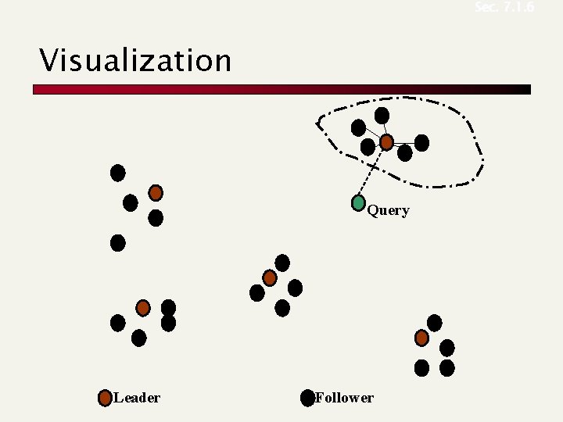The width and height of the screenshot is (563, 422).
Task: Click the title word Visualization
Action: pyautogui.click(x=136, y=60)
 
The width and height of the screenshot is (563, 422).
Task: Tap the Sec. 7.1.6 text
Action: pyautogui.click(x=504, y=7)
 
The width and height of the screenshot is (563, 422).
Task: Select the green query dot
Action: pyautogui.click(x=358, y=203)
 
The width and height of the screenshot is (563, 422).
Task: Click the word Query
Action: pyautogui.click(x=388, y=210)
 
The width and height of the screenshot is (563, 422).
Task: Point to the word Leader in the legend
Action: pyautogui.click(x=137, y=398)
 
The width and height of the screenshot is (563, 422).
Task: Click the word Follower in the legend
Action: pyautogui.click(x=344, y=398)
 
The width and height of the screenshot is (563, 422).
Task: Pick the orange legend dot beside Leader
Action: pyautogui.click(x=105, y=399)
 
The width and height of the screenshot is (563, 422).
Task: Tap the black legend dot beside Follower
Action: pyautogui.click(x=307, y=399)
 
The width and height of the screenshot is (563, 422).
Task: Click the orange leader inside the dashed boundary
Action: pyautogui.click(x=386, y=142)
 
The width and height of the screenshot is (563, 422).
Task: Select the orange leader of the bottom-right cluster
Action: pyautogui.click(x=421, y=338)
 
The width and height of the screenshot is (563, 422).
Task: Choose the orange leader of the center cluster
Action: pyautogui.click(x=270, y=277)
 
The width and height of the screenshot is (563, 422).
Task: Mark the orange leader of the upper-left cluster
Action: pyautogui.click(x=156, y=192)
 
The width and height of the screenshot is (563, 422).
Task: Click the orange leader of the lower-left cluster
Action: pyautogui.click(x=143, y=308)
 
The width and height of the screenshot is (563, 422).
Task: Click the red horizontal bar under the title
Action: pyautogui.click(x=281, y=90)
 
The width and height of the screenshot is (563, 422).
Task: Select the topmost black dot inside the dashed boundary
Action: pyautogui.click(x=382, y=116)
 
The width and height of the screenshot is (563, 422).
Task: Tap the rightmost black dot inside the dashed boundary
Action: pyautogui.click(x=421, y=142)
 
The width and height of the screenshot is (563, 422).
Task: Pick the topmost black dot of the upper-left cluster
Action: pyautogui.click(x=118, y=173)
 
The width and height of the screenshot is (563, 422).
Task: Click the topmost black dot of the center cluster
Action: pyautogui.click(x=282, y=263)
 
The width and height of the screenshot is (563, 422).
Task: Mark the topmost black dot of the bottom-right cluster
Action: pyautogui.click(x=434, y=323)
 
